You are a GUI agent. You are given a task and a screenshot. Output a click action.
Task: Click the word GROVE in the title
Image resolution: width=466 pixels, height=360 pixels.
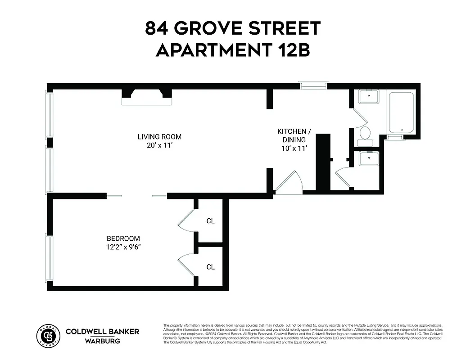pyautogui.click(x=204, y=28)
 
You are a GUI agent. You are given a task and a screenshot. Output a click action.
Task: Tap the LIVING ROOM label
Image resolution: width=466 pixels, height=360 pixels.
pyautogui.click(x=159, y=136)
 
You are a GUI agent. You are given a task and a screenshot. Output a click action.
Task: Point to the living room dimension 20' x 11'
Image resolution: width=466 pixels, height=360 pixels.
pyautogui.click(x=159, y=145)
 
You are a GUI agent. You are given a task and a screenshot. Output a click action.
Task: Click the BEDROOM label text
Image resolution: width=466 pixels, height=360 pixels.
pyautogui.click(x=123, y=238)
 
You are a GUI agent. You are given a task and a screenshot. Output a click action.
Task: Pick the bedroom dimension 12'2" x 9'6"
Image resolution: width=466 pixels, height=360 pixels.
pyautogui.click(x=123, y=247)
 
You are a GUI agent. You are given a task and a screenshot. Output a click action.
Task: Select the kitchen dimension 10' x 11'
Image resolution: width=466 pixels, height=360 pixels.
pyautogui.click(x=294, y=148)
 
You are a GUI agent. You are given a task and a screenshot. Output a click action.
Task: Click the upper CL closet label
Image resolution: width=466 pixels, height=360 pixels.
pyautogui.click(x=210, y=221)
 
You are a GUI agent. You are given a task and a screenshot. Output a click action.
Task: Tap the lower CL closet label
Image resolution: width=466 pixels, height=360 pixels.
pyautogui.click(x=210, y=267)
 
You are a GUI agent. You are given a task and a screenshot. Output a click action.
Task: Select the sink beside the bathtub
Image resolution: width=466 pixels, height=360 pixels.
pyautogui.click(x=368, y=97)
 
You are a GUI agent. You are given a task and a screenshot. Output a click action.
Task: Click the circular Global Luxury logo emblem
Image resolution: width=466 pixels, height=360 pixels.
pyautogui.click(x=48, y=335)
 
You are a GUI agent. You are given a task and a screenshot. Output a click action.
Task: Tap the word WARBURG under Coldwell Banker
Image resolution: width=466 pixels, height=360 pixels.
pyautogui.click(x=102, y=341)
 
